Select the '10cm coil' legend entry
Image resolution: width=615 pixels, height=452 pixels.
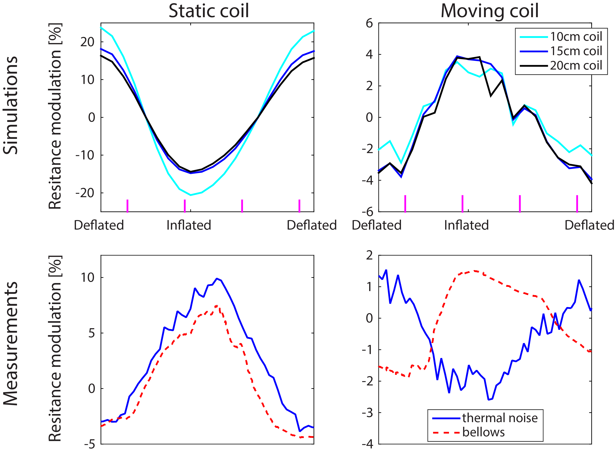point(576,37)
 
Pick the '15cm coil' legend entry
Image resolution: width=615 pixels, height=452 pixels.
point(576,51)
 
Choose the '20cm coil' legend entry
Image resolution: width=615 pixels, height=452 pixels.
point(576,66)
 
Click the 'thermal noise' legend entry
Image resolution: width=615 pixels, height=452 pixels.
point(500,418)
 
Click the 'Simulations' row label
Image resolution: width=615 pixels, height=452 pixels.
point(10,105)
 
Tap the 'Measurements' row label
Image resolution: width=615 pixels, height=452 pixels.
point(10,343)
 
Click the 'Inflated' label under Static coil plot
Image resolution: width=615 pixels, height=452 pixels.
point(189,225)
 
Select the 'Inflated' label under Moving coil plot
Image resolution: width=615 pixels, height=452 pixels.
point(466,225)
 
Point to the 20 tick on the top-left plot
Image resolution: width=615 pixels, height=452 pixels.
point(87,42)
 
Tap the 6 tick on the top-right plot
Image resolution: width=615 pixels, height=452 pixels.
point(369,24)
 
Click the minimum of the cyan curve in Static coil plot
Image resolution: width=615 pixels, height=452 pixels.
point(191,195)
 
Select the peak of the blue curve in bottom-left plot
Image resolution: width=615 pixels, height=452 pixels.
point(217,279)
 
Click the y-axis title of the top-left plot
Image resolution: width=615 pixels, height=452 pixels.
point(55,116)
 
